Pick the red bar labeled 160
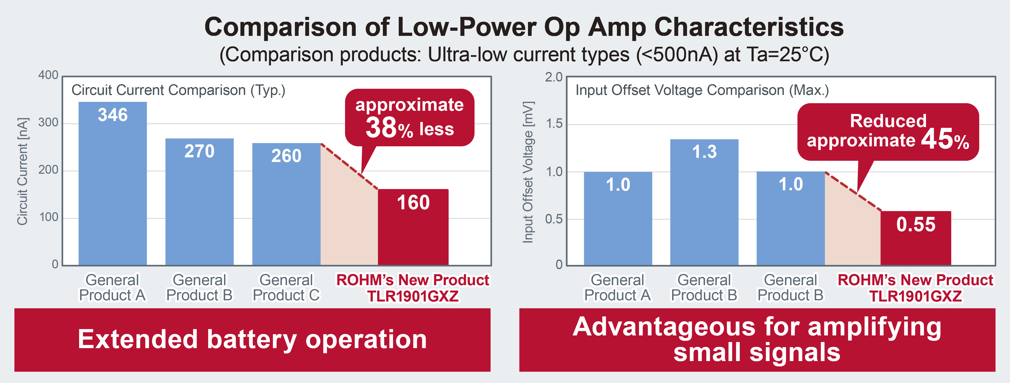pos(413,227)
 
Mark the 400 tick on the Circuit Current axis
pos(48,75)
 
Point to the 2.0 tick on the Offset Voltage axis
pos(554,77)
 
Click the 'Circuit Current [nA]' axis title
pos(22,171)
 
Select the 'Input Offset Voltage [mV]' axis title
pos(528,172)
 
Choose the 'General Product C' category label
pos(286,288)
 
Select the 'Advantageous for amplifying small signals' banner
pos(757,340)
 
